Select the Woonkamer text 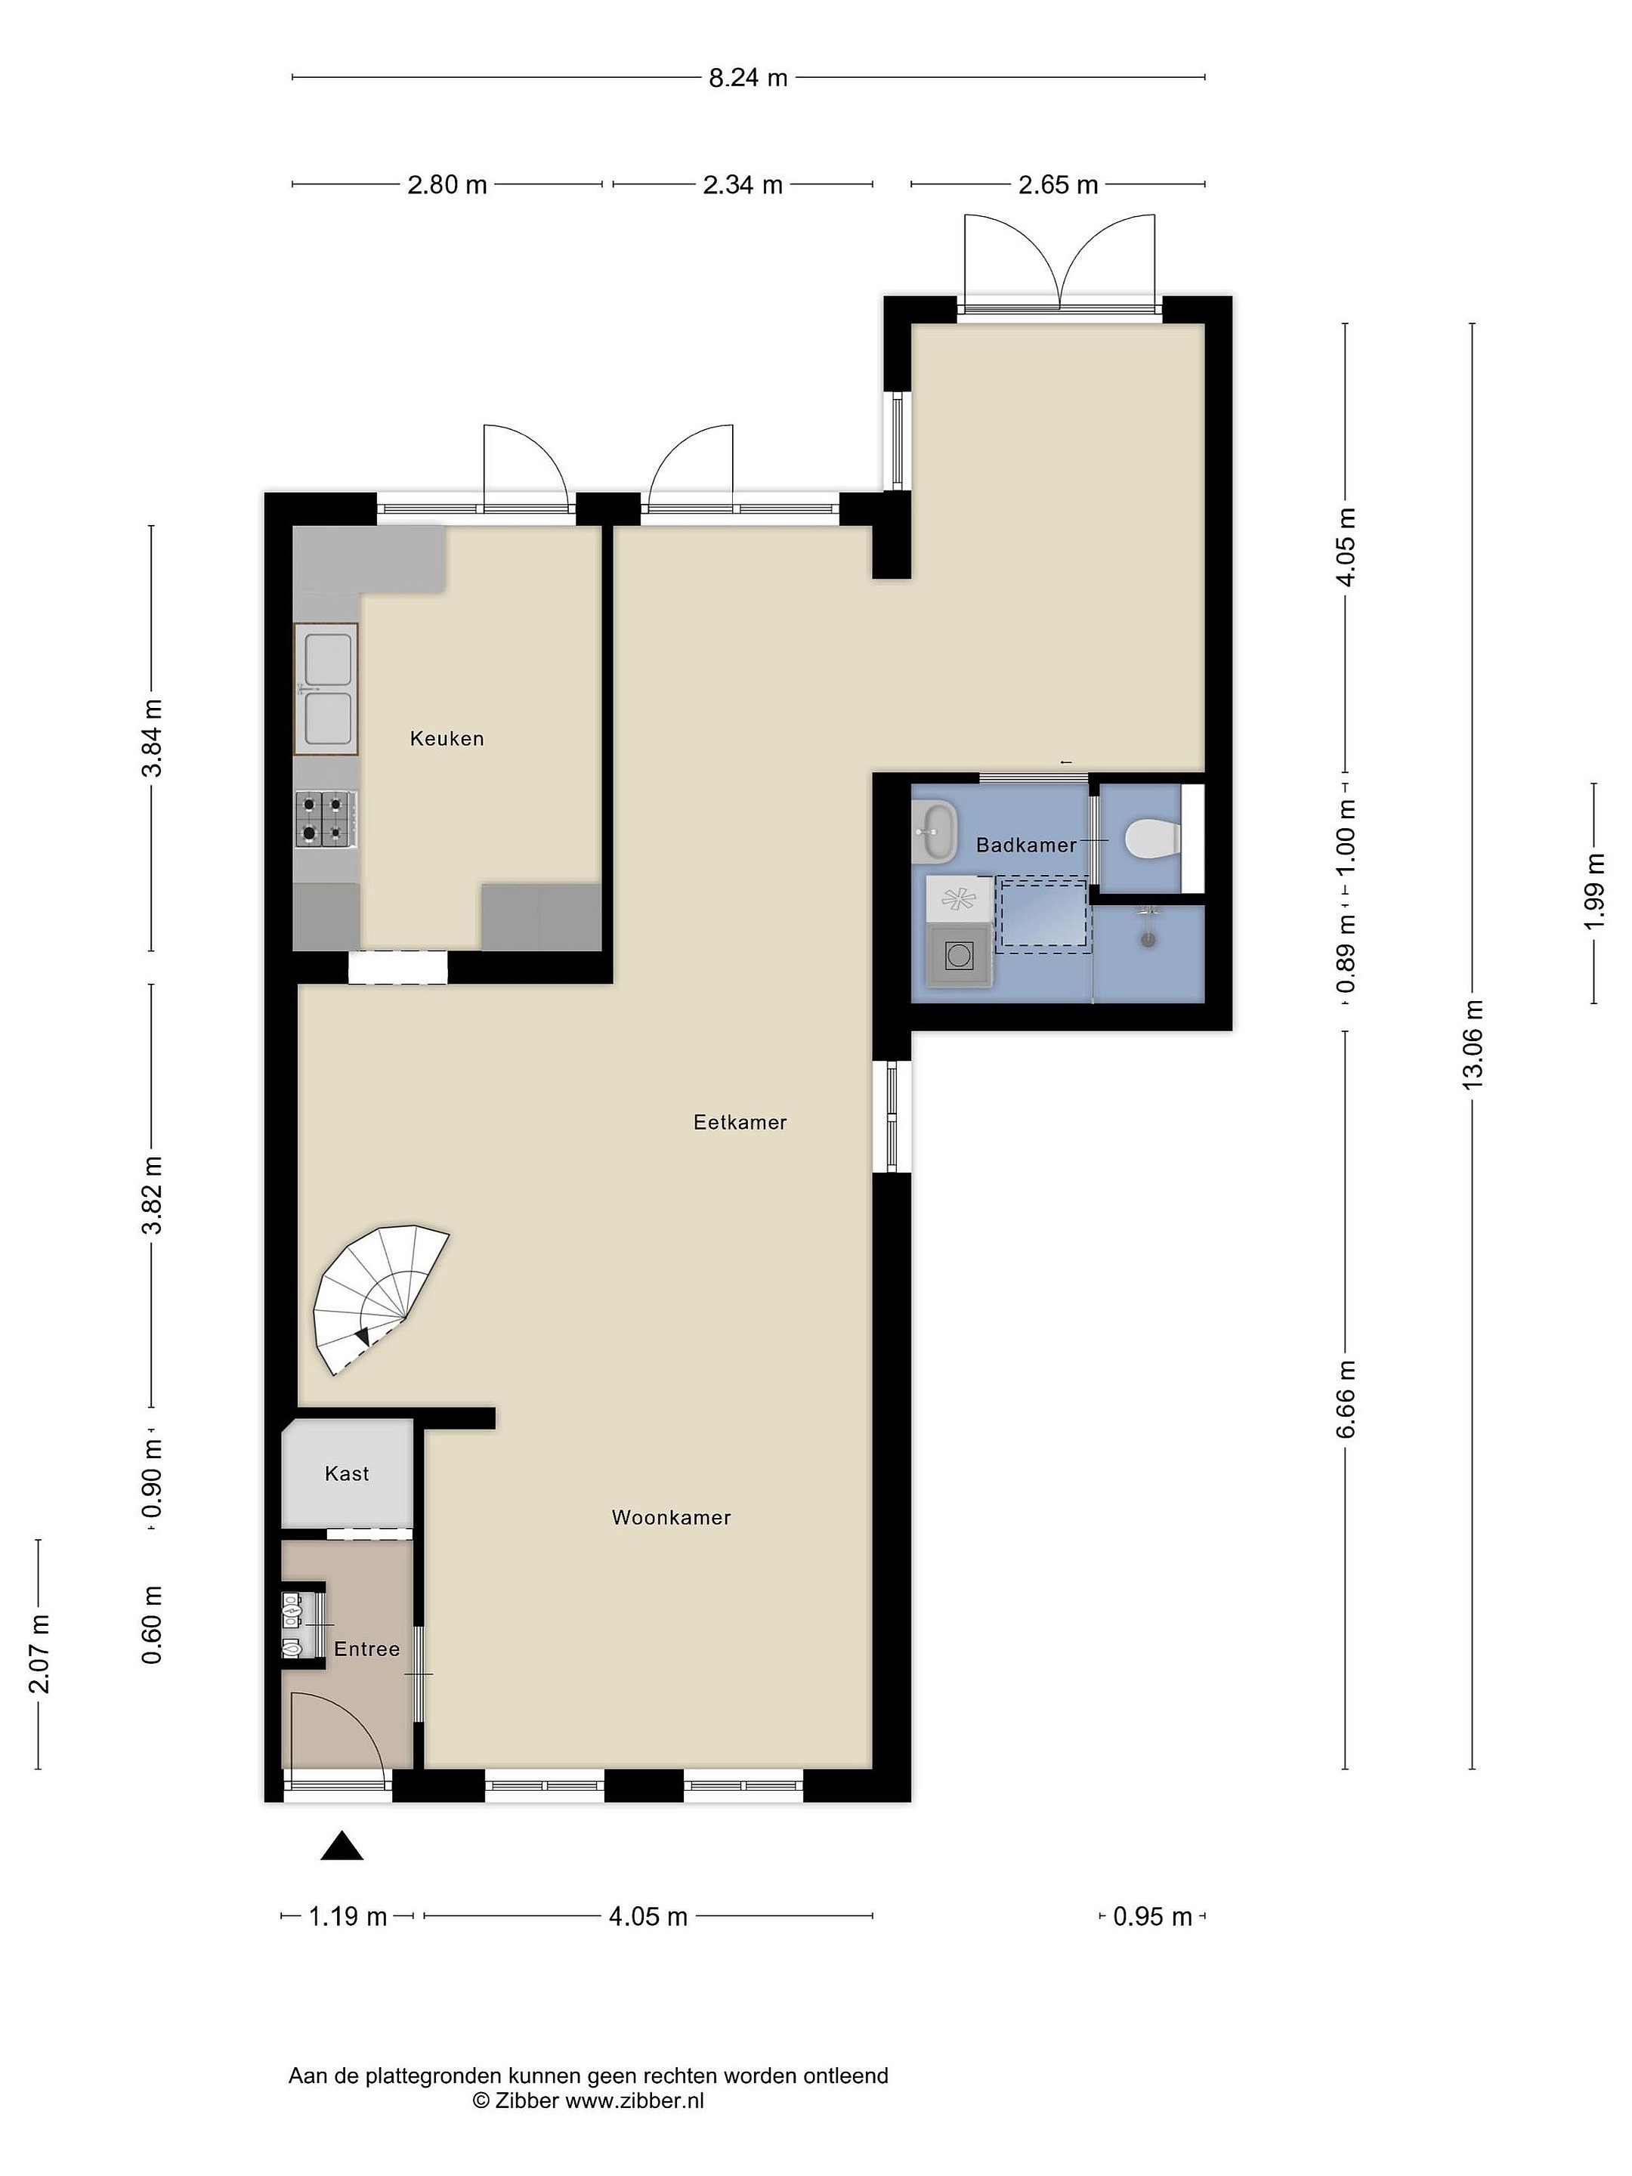coord(671,1517)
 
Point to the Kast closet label coord(346,1473)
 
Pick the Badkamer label coord(1025,844)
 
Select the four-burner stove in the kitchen coord(326,818)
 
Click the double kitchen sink coord(326,688)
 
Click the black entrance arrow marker coord(342,1847)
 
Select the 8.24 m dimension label coord(748,78)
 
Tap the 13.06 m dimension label coord(1473,1045)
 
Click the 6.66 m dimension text coord(1346,1399)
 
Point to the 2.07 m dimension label coord(39,1654)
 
